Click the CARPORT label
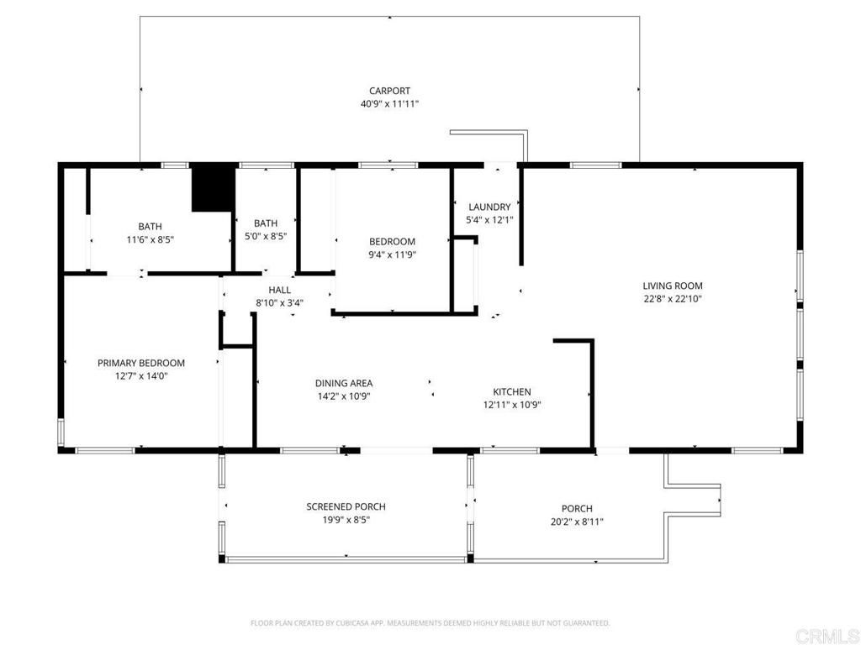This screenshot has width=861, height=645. [389, 91]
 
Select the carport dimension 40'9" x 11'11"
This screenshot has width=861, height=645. [389, 104]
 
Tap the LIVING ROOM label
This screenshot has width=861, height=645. [673, 286]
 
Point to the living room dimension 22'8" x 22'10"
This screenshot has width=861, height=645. [673, 299]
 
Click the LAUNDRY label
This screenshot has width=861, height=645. [489, 207]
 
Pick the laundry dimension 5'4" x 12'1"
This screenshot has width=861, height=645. [489, 220]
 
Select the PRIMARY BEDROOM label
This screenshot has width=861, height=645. [141, 363]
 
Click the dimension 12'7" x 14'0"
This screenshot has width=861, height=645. [141, 376]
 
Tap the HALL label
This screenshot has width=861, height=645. [280, 290]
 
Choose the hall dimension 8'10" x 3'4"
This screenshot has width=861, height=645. [280, 303]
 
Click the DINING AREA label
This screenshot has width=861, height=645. [344, 383]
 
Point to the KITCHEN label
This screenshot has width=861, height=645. [511, 391]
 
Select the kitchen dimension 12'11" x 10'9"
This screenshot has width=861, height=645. [511, 405]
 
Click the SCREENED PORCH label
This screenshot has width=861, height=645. [346, 506]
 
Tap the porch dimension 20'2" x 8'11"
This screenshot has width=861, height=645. [577, 522]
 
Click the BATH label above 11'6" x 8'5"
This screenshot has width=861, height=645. [150, 226]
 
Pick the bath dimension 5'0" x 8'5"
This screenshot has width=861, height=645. [266, 237]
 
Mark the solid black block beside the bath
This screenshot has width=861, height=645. [213, 190]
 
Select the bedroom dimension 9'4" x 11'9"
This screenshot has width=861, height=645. [393, 255]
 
